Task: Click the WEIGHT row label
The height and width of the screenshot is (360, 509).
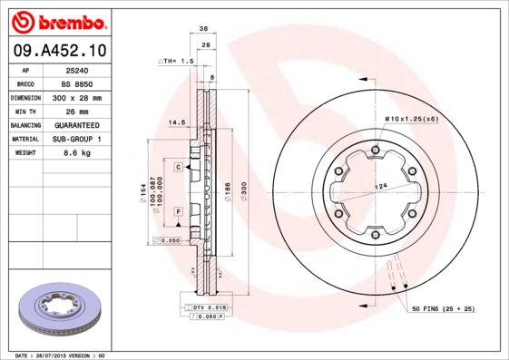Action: [24, 153]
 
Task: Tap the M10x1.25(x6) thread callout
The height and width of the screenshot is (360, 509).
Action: [410, 119]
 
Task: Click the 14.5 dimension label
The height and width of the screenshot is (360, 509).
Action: [177, 121]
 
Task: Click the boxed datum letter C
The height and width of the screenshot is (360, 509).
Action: [179, 167]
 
